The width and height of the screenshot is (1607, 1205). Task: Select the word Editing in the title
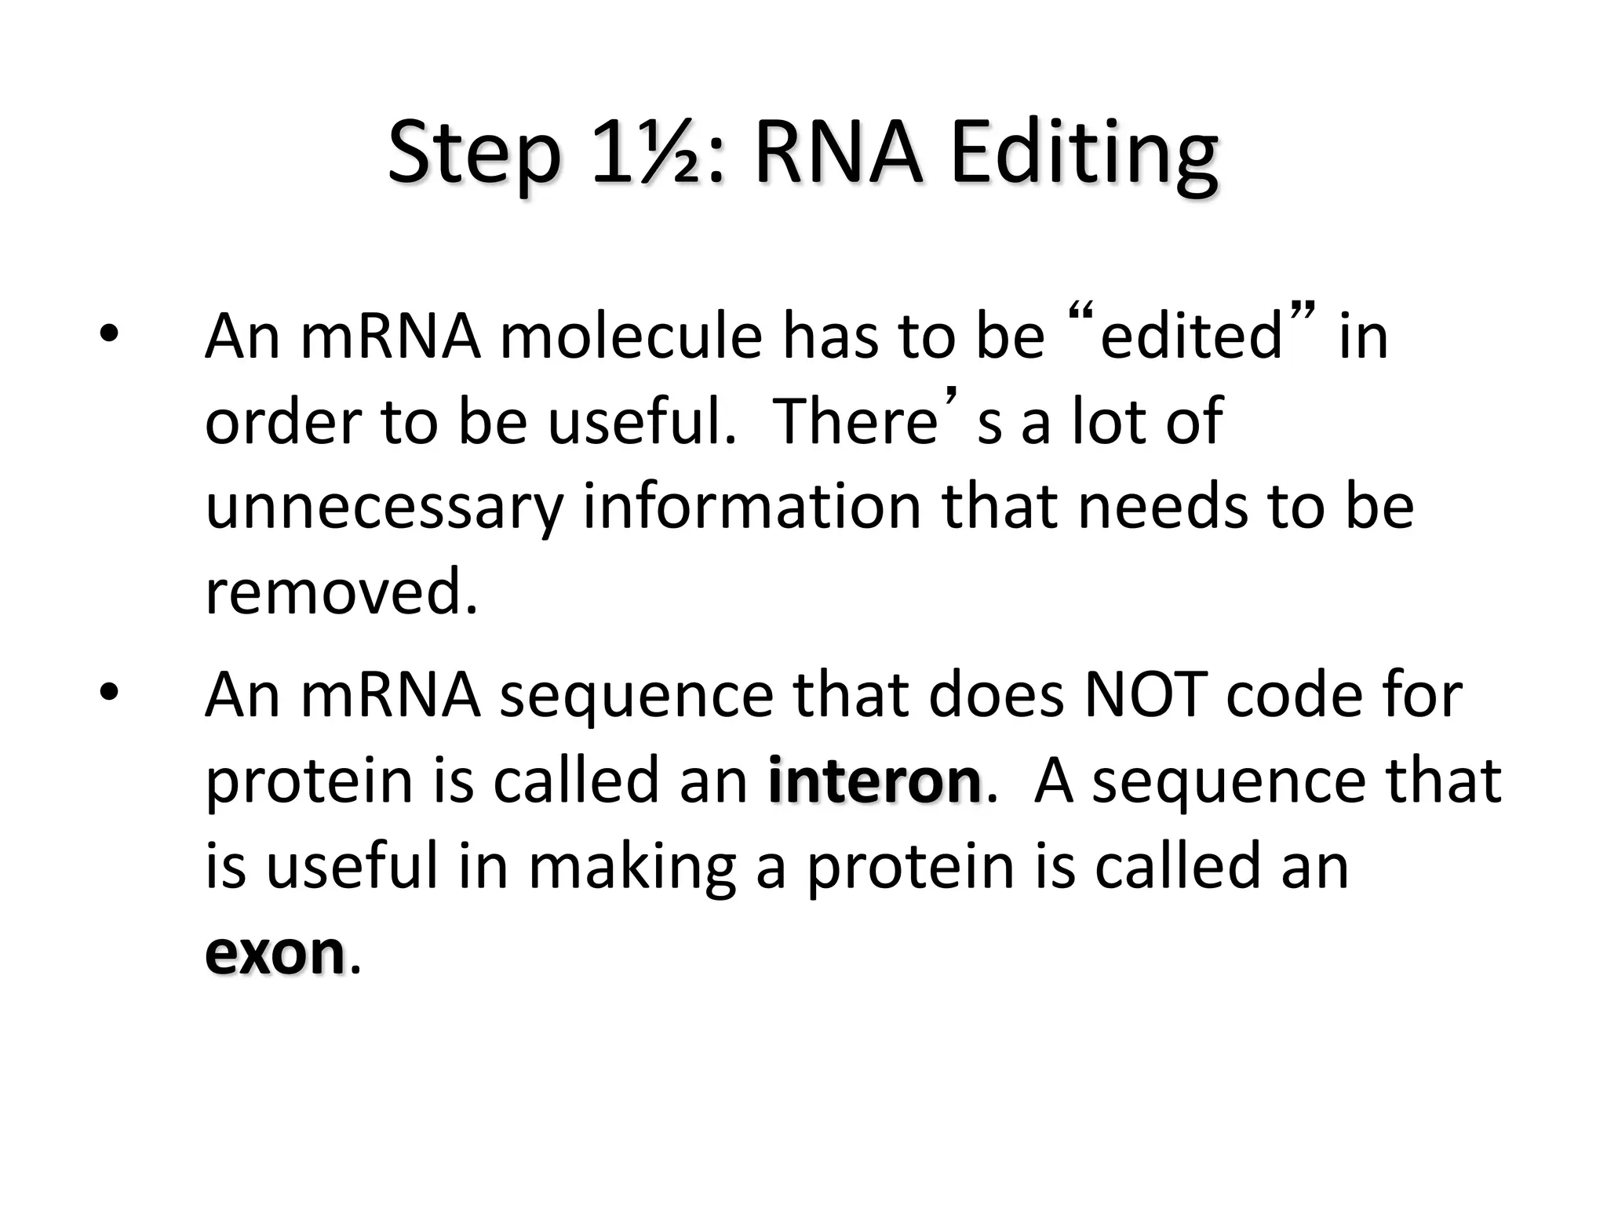tap(1084, 153)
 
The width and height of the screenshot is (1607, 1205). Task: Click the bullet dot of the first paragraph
tap(108, 335)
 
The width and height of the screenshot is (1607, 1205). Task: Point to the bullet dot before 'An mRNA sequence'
tap(108, 692)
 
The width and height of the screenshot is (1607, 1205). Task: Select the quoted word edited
tap(1190, 336)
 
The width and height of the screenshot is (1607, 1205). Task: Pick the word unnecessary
tap(384, 508)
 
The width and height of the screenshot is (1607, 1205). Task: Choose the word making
tap(632, 867)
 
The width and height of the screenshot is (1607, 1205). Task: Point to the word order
tap(283, 421)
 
